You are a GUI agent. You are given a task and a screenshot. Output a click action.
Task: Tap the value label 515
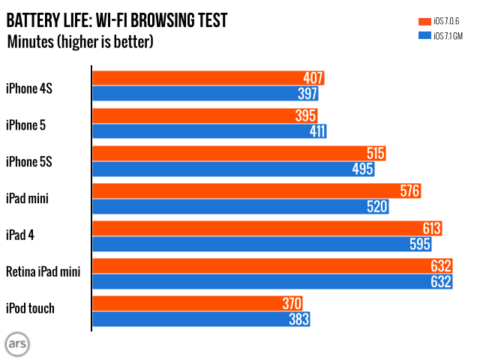tap(376, 154)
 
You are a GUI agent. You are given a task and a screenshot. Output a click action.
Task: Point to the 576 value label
tap(409, 191)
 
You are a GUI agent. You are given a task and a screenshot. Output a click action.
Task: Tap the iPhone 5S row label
tap(31, 161)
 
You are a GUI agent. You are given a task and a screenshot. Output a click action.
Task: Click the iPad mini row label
tap(28, 199)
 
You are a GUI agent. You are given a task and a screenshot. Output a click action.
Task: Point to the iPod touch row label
tap(31, 307)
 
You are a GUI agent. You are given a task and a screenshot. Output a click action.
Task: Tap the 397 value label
tap(307, 94)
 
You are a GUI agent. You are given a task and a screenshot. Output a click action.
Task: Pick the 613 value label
tap(431, 229)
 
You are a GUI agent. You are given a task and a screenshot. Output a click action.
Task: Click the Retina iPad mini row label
tap(43, 271)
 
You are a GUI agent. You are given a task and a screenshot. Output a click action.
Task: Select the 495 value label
tap(362, 169)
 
